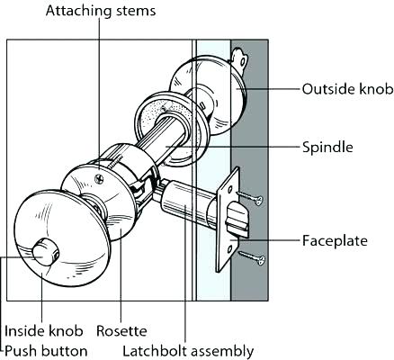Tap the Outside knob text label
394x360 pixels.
(345, 89)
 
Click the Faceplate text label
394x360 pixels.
(333, 241)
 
